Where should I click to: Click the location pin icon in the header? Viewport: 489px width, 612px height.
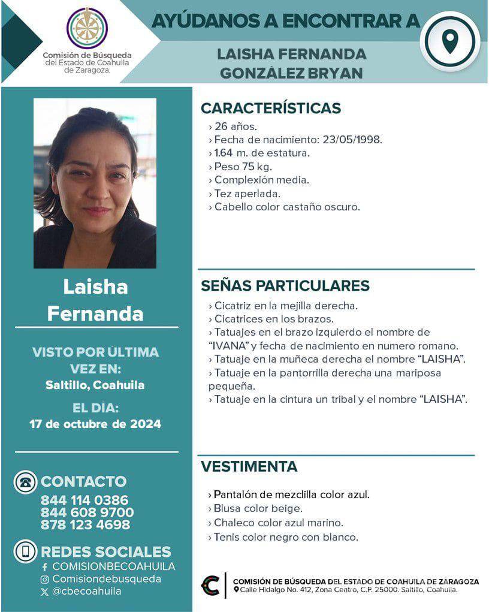click(449, 41)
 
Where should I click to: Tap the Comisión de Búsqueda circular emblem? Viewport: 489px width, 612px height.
click(87, 28)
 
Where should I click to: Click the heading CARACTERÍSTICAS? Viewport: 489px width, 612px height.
click(270, 108)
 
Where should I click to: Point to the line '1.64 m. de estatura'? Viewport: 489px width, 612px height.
click(261, 153)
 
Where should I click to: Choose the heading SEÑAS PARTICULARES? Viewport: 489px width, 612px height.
click(285, 285)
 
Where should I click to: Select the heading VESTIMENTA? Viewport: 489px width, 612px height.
click(249, 466)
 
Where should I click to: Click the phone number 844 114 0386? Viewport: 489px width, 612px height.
click(84, 500)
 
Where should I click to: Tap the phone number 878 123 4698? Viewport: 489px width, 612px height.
click(85, 525)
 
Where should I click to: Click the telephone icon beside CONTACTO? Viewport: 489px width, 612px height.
click(25, 482)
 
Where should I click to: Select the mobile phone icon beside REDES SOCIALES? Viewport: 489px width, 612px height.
click(25, 551)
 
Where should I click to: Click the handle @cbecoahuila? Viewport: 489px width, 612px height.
click(86, 592)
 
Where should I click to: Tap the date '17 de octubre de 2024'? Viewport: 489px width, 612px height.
click(95, 424)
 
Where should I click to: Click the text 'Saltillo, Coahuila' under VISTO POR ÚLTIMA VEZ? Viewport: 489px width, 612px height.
click(95, 385)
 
